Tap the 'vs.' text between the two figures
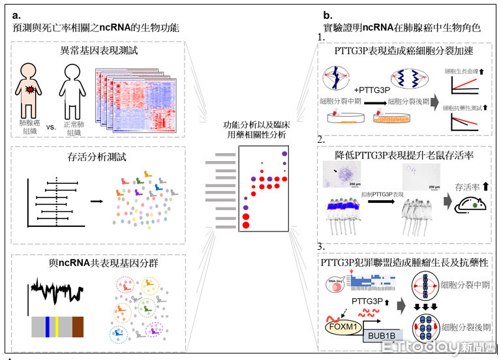point(52,108)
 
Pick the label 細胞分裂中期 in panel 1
point(342,102)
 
